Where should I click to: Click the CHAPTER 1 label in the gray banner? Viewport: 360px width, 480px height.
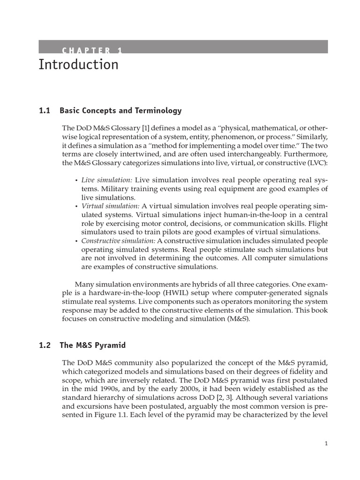click(92, 51)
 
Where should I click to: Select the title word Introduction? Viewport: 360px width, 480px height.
click(78, 65)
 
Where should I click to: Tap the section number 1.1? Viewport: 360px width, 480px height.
click(44, 111)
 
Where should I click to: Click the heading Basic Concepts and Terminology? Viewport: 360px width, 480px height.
click(120, 111)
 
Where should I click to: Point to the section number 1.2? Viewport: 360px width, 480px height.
click(44, 345)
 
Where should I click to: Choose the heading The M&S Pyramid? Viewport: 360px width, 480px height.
click(92, 345)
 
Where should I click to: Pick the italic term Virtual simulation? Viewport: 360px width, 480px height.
click(111, 206)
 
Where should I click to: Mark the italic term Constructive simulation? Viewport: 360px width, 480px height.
click(118, 240)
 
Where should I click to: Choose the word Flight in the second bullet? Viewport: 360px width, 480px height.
click(318, 224)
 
